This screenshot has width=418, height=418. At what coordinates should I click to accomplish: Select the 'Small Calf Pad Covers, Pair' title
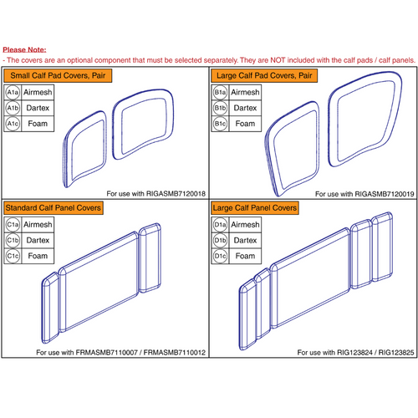pyautogui.click(x=58, y=76)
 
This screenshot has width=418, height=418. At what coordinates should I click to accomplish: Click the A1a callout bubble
pyautogui.click(x=14, y=92)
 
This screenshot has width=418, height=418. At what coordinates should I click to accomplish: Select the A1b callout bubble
pyautogui.click(x=14, y=109)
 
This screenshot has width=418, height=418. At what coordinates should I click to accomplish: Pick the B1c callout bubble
pyautogui.click(x=222, y=125)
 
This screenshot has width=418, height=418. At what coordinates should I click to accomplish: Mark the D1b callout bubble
pyautogui.click(x=222, y=240)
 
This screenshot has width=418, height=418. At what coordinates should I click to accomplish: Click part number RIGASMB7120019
pyautogui.click(x=380, y=193)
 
